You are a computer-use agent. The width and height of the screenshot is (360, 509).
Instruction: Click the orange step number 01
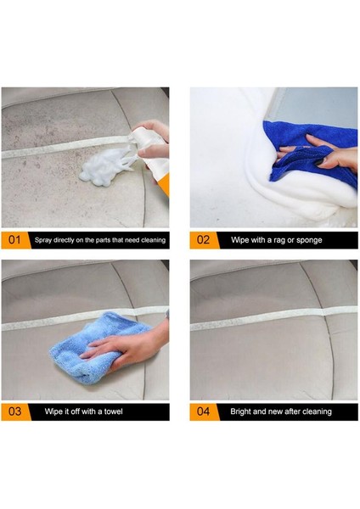click(x=14, y=240)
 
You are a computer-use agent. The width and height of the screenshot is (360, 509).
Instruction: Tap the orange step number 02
click(x=203, y=240)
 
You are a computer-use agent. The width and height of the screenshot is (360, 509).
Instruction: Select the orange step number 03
click(x=14, y=411)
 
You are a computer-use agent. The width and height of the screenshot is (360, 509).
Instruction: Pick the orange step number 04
click(x=203, y=411)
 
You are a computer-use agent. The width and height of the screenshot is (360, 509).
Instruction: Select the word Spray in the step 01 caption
click(x=43, y=240)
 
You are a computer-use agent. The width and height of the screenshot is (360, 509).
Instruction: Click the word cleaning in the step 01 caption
click(x=153, y=240)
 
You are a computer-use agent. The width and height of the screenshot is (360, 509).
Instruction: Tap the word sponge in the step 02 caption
click(x=309, y=240)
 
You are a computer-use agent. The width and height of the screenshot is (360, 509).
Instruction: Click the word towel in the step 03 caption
click(x=114, y=411)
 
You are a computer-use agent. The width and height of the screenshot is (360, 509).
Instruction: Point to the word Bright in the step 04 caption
click(x=240, y=411)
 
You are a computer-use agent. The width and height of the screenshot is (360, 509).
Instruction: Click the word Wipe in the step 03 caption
click(x=53, y=411)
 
